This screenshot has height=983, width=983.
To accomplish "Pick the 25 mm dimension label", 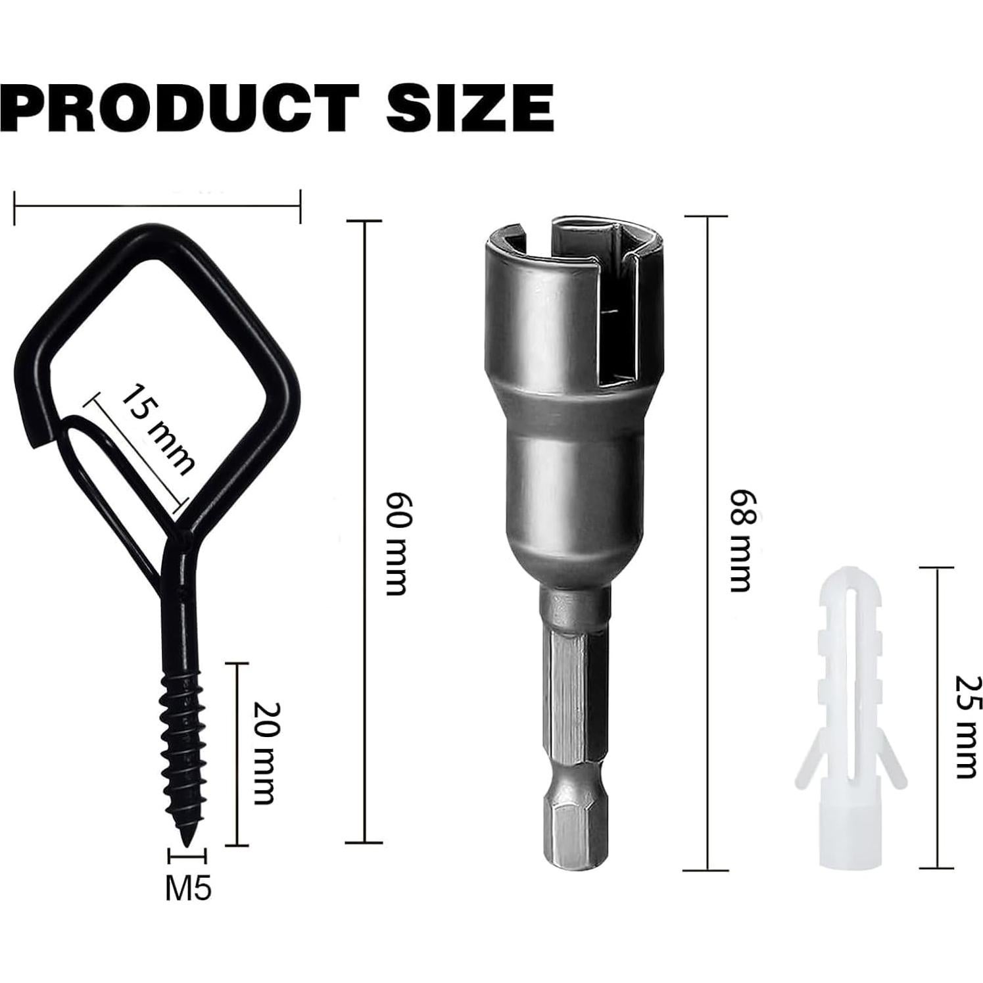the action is click(x=966, y=726).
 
